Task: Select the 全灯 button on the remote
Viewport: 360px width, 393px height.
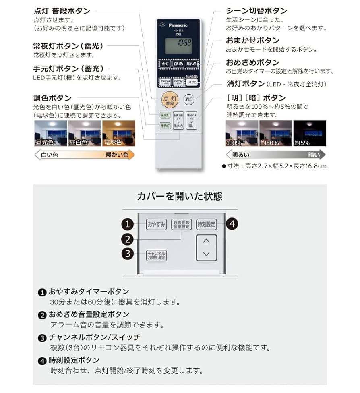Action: click(x=165, y=64)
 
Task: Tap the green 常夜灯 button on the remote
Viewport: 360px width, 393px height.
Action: click(x=165, y=115)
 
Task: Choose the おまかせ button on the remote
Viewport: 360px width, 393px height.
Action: click(x=191, y=82)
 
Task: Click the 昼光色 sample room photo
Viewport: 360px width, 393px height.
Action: click(x=50, y=133)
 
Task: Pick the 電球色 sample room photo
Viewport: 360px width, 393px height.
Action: click(x=118, y=133)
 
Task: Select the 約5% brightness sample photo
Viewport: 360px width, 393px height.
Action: click(x=310, y=133)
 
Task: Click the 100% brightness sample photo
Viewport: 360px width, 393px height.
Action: click(x=242, y=133)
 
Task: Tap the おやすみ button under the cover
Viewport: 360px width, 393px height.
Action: click(x=156, y=225)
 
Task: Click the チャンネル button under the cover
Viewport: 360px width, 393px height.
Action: click(x=156, y=254)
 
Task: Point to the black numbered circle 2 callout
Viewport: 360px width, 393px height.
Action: click(x=128, y=239)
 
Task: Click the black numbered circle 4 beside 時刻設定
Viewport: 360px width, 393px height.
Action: click(x=232, y=224)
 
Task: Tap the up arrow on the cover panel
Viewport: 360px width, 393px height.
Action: click(x=207, y=241)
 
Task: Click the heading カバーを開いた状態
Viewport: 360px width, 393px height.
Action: click(x=180, y=196)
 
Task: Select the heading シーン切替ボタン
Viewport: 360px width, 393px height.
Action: click(x=257, y=11)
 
